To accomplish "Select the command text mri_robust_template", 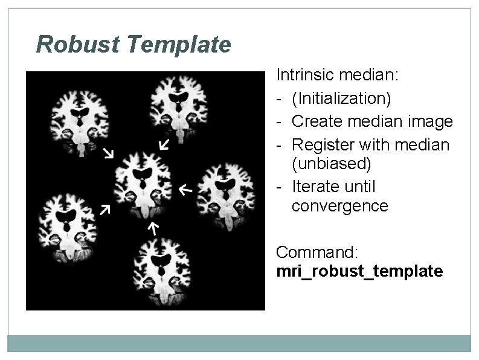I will (x=359, y=271).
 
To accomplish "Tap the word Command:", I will (x=317, y=251).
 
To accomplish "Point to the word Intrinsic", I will (x=305, y=76).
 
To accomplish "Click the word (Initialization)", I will (x=341, y=97).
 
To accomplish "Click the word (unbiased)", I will (x=332, y=163).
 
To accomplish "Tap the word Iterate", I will (x=315, y=187).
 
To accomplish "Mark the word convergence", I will (x=339, y=206).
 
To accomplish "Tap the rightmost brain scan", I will (x=228, y=194).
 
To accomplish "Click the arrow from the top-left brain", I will (x=108, y=152).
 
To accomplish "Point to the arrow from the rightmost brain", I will (x=185, y=190).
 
